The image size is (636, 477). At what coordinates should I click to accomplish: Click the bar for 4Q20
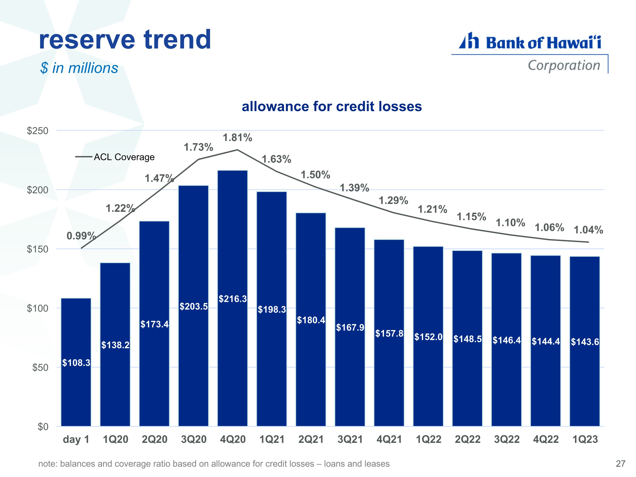tap(233, 298)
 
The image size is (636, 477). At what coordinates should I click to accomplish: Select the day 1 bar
tap(76, 362)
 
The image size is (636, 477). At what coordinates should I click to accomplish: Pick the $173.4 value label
tap(154, 324)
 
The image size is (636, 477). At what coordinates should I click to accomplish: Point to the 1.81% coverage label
tap(237, 138)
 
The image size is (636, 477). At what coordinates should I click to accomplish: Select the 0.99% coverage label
tap(81, 236)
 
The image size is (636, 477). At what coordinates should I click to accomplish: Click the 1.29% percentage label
tap(393, 200)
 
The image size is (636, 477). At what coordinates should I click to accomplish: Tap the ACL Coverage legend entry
tap(115, 157)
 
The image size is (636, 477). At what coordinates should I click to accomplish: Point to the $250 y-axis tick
tap(38, 131)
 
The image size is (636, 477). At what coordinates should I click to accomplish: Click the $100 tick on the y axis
tap(38, 308)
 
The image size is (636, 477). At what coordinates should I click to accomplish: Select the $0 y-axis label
tap(43, 427)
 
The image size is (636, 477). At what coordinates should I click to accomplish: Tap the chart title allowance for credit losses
tap(332, 106)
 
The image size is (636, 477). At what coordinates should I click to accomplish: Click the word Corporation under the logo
tap(564, 66)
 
